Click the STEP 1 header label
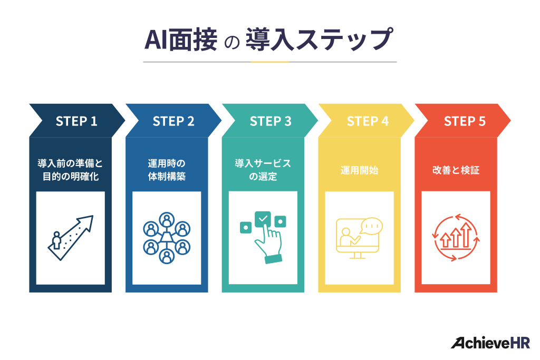[x=76, y=121]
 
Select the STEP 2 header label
[x=173, y=121]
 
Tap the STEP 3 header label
[x=271, y=121]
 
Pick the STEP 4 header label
[x=368, y=121]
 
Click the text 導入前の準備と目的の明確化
[x=70, y=170]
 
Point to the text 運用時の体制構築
[x=167, y=170]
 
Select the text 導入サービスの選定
[x=263, y=170]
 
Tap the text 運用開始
[x=359, y=170]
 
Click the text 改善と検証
[x=456, y=170]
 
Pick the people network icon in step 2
[x=167, y=238]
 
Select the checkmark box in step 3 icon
[x=263, y=218]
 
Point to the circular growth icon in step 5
[x=456, y=238]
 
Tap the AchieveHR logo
[x=490, y=342]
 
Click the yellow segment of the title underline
[x=269, y=62]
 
